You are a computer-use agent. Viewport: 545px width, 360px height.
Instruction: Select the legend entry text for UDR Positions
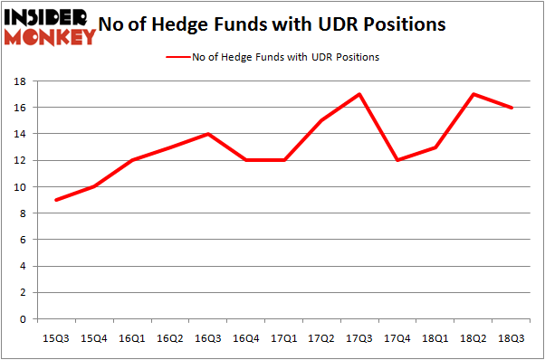[x=285, y=57]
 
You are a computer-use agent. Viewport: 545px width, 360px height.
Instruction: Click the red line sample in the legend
[x=177, y=57]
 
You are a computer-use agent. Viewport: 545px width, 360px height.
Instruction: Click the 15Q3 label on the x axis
[x=57, y=339]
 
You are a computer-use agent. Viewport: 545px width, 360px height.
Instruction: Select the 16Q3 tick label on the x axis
[x=208, y=339]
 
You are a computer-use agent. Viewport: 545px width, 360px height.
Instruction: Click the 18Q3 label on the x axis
[x=512, y=339]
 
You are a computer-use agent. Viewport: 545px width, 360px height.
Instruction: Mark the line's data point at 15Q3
[x=57, y=200]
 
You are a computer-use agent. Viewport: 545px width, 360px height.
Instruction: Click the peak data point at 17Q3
[x=360, y=94]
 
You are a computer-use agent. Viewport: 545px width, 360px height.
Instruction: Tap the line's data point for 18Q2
[x=473, y=94]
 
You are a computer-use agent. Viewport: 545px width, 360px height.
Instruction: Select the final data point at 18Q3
[x=512, y=108]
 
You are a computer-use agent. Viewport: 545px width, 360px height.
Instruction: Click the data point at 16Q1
[x=133, y=160]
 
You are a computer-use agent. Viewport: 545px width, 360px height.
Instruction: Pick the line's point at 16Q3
[x=208, y=134]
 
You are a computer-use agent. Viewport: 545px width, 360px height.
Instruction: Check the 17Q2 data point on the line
[x=322, y=120]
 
